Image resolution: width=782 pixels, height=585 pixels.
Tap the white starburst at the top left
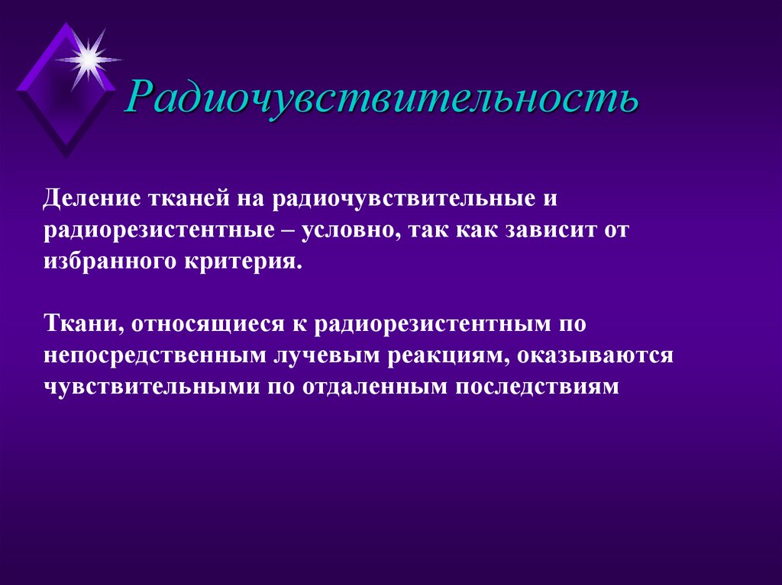point(89,56)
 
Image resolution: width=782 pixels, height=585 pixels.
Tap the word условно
point(349,229)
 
